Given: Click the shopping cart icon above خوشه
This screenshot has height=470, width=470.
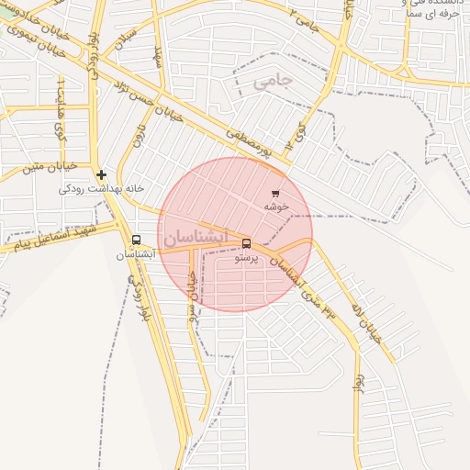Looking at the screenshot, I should click(275, 194).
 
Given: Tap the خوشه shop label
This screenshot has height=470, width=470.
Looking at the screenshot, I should click(276, 207).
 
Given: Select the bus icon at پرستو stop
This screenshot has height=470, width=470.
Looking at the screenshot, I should click(246, 244).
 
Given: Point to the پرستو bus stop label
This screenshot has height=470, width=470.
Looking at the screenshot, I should click(246, 259).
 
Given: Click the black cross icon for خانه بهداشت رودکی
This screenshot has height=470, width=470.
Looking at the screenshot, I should click(101, 174).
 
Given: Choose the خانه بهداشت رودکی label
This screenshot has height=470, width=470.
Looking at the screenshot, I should click(102, 188).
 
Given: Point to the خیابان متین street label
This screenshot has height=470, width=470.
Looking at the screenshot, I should click(30, 168).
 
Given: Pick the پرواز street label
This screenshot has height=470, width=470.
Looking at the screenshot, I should click(358, 378).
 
